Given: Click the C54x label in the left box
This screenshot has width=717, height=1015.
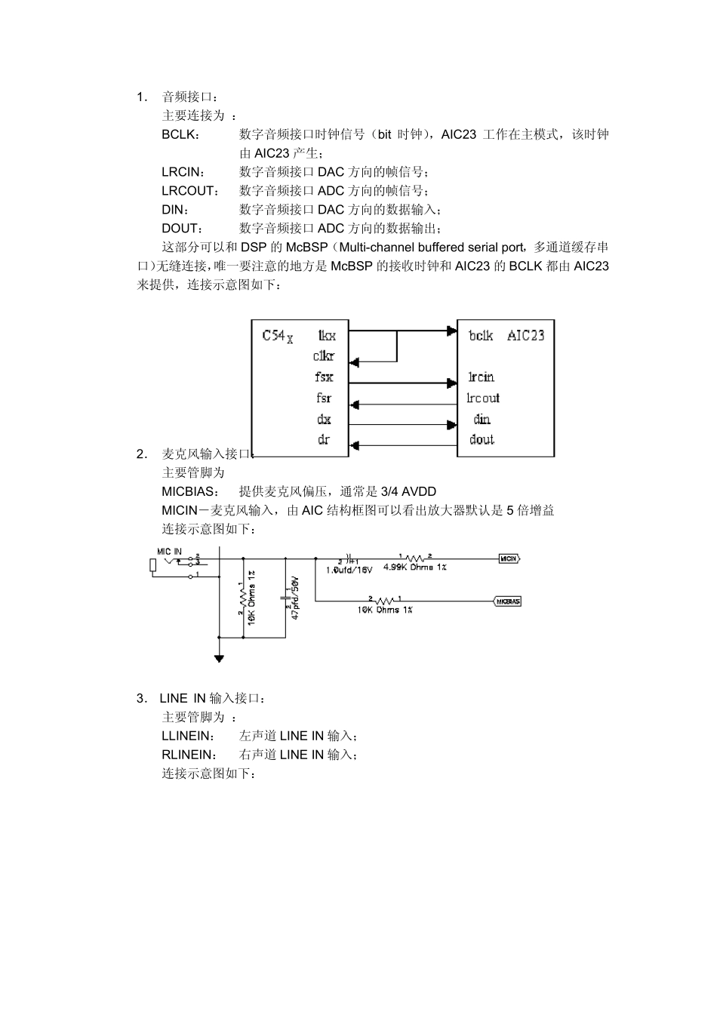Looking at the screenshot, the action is click(x=277, y=336).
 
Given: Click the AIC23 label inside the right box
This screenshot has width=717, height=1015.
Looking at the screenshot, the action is click(x=525, y=335).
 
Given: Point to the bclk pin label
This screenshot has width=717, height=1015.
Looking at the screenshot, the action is click(x=480, y=335).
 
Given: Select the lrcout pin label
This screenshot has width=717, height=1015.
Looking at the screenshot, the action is click(x=482, y=398).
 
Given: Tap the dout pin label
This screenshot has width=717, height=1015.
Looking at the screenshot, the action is click(x=482, y=439).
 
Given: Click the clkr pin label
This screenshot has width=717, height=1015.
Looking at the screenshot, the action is click(x=324, y=356).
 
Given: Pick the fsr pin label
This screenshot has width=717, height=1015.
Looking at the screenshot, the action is click(x=324, y=398).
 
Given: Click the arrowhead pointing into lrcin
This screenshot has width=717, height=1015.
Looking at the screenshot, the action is click(x=453, y=383).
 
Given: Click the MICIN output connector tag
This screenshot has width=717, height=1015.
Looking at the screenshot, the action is click(x=509, y=558).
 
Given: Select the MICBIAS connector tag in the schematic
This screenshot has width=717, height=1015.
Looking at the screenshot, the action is click(x=508, y=601).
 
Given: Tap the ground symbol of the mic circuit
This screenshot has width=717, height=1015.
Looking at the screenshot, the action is click(x=219, y=658).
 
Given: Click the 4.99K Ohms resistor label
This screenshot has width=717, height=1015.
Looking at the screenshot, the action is click(x=414, y=567).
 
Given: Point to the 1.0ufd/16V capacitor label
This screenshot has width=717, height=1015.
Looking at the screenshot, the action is click(x=349, y=571).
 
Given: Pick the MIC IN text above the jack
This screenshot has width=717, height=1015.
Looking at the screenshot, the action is click(x=169, y=552).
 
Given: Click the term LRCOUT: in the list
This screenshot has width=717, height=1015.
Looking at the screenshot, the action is click(x=189, y=191).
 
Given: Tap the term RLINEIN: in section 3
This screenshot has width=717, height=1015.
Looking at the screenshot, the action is click(x=188, y=755).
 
